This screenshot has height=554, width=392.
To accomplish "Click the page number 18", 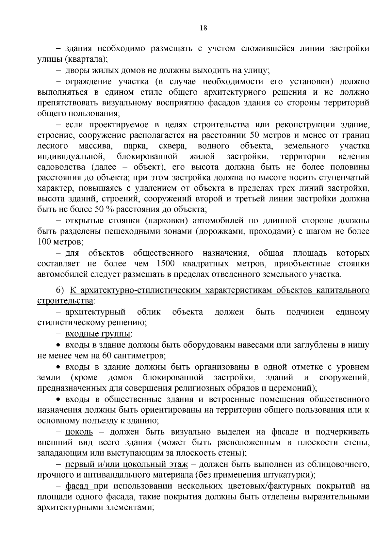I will (203, 28).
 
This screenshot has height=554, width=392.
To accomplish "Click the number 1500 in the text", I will (166, 263).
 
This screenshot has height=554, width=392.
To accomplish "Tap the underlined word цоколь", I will (79, 432).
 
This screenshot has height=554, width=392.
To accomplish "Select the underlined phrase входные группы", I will (98, 334).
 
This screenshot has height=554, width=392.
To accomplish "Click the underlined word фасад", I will (77, 486).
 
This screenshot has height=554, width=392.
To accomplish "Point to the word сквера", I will (172, 146).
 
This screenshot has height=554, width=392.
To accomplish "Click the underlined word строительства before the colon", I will (65, 301).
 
